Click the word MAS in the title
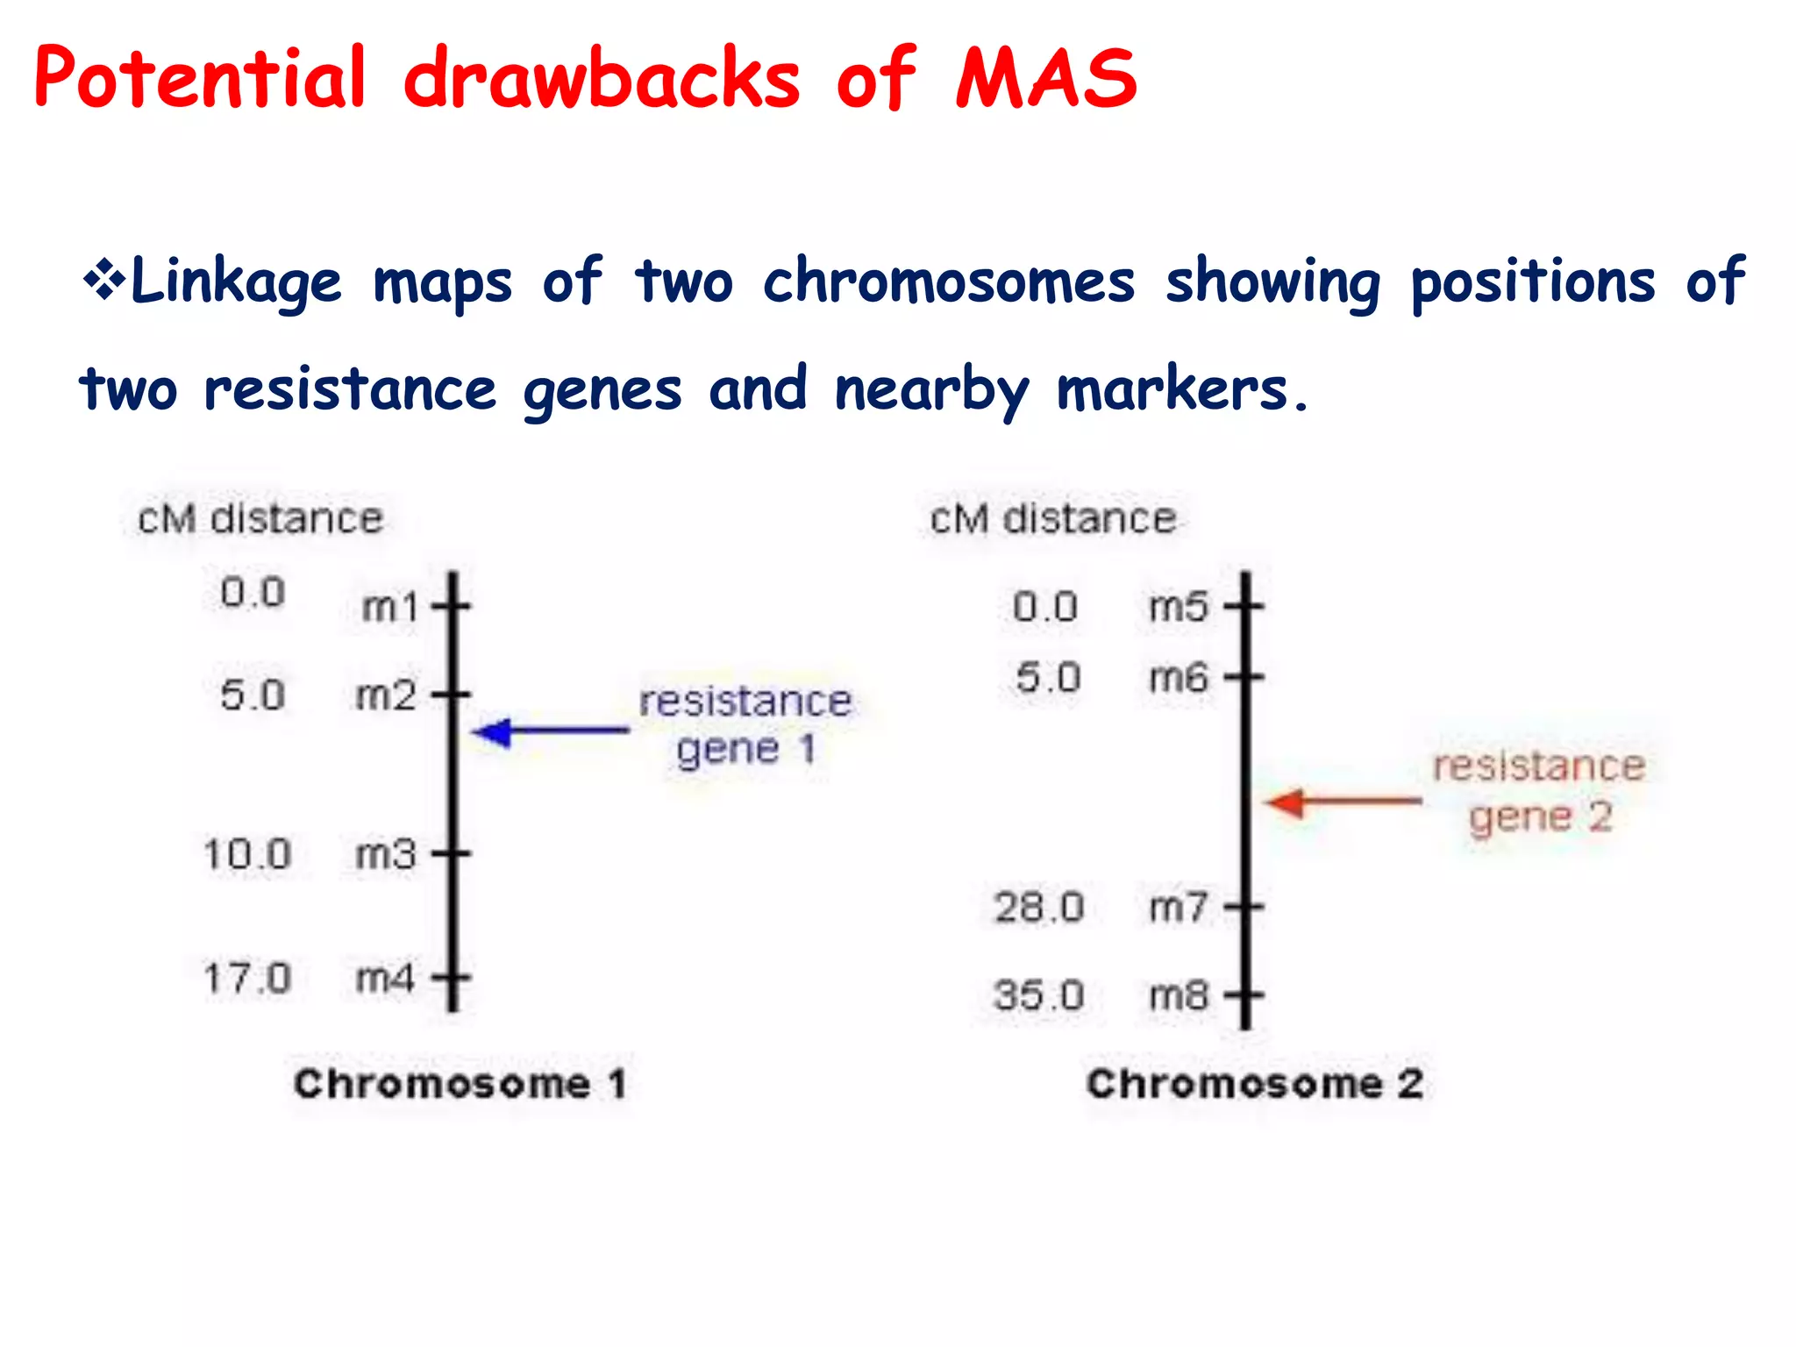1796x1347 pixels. (1045, 79)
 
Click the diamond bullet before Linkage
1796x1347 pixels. (103, 282)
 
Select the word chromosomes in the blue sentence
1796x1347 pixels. (949, 282)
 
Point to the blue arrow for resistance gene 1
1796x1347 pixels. (551, 731)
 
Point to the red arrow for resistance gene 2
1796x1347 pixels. (1344, 802)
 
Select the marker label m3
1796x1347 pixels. (386, 854)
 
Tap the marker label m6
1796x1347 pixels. (1179, 678)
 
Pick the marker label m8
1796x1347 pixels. (1179, 995)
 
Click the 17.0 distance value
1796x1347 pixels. (246, 978)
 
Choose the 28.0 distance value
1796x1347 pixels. (1039, 907)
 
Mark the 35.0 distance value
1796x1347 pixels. (1039, 995)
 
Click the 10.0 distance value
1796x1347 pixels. (246, 854)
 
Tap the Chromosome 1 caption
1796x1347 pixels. (460, 1084)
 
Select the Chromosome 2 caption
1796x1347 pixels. (1254, 1084)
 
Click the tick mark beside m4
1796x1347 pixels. (453, 977)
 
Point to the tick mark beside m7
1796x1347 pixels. (1245, 907)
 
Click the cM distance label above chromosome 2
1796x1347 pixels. (1052, 519)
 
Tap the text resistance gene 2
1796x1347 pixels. (1539, 791)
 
